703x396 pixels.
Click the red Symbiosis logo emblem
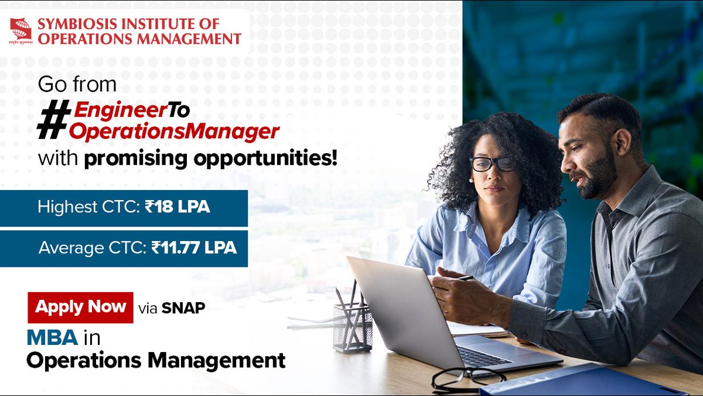coord(21,31)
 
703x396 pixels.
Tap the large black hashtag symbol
coord(54,120)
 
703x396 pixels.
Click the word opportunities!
coord(265,159)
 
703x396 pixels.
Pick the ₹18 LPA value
coord(178,207)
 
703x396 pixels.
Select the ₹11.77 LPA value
coord(194,248)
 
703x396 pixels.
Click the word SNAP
coord(183,308)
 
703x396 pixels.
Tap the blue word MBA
coord(52,338)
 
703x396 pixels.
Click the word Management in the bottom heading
coord(216,361)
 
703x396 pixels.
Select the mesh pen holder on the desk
coord(353,327)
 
